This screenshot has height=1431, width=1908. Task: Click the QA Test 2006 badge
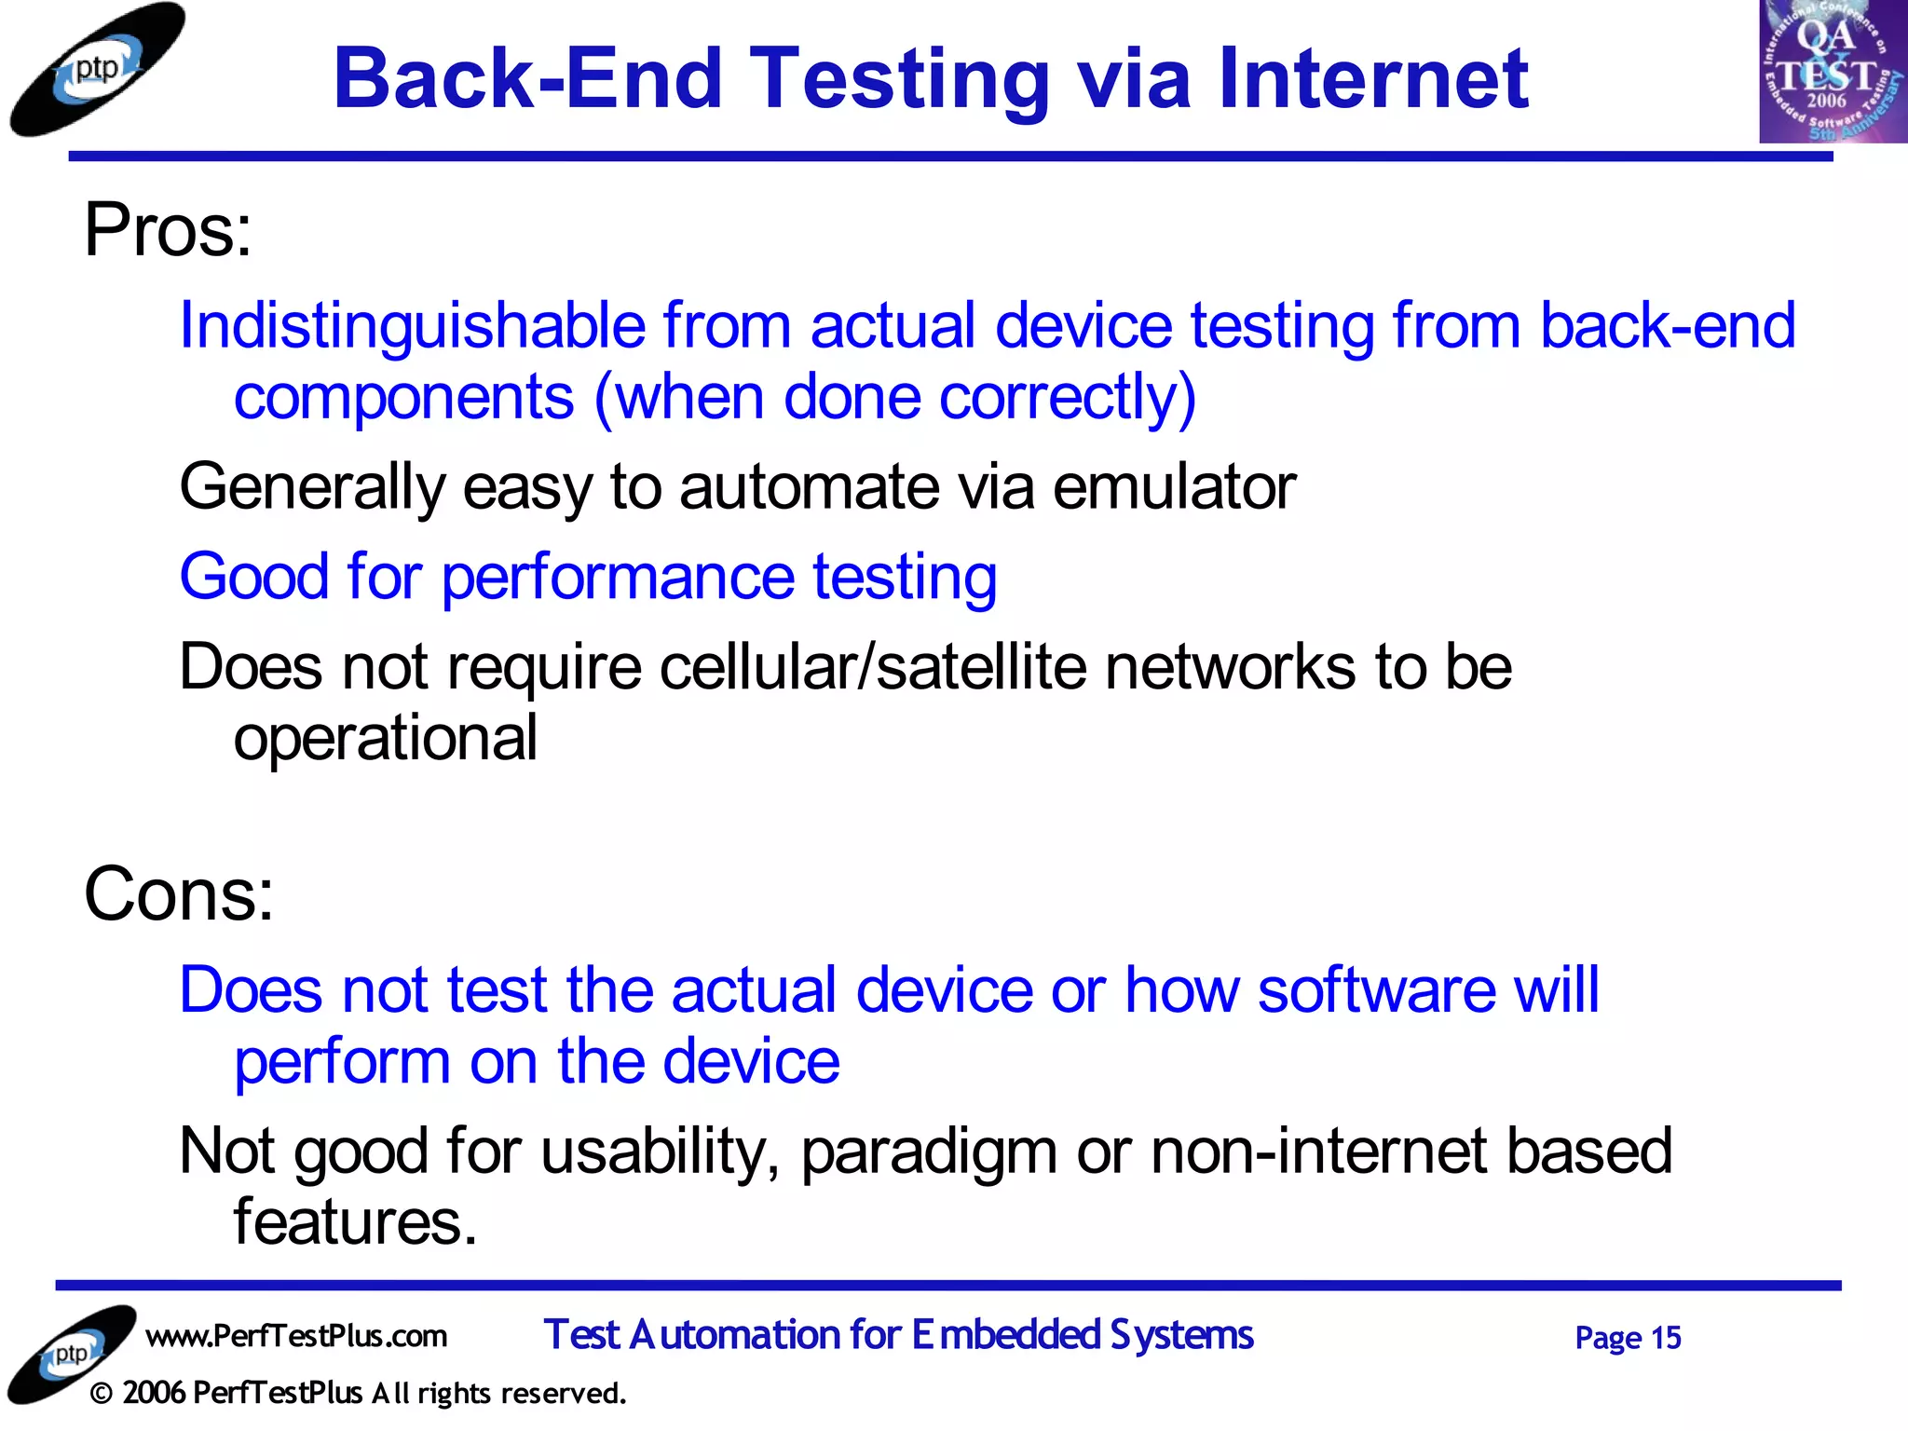[1832, 71]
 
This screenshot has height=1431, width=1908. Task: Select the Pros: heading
[168, 230]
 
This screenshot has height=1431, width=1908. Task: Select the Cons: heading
[179, 894]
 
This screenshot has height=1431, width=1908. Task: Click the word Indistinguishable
[412, 326]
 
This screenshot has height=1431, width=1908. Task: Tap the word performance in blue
[617, 578]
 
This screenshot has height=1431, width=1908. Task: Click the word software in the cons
[1375, 989]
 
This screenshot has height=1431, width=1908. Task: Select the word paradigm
[928, 1152]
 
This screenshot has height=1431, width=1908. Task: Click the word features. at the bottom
[355, 1222]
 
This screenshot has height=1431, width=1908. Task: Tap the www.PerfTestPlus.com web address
[296, 1336]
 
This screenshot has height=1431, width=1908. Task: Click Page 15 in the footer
[1627, 1338]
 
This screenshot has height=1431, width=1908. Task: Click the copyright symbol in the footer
[102, 1394]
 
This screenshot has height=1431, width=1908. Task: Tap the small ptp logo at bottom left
[71, 1354]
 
